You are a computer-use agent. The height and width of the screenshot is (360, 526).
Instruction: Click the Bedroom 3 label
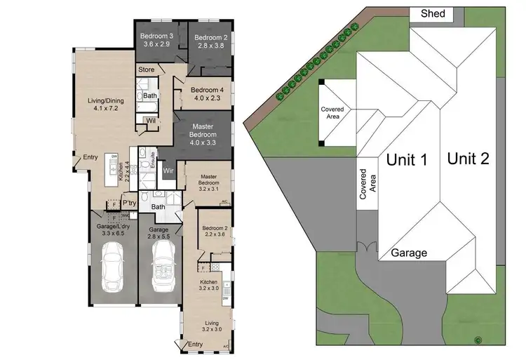tap(156, 39)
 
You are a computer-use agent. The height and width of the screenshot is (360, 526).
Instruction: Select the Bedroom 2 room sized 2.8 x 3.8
tap(210, 41)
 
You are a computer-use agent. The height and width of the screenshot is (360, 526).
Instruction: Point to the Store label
tap(146, 69)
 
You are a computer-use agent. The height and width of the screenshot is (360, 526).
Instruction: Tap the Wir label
tap(168, 171)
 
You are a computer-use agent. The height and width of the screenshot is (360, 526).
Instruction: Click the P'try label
tap(129, 204)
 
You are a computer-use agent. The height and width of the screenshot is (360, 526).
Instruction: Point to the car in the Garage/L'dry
tap(113, 268)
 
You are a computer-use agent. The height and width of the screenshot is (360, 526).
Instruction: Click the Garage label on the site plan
tap(410, 253)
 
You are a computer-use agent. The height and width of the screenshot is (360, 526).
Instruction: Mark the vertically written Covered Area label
tap(368, 185)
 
